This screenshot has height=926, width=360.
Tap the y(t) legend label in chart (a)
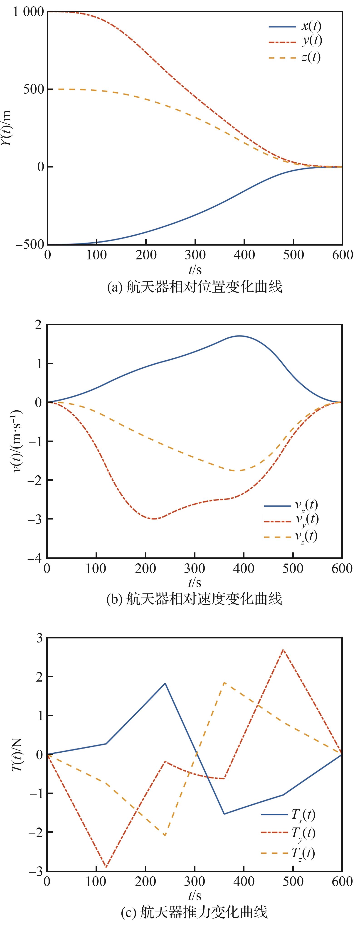tap(311, 41)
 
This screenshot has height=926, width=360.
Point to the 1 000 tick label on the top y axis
tap(28, 12)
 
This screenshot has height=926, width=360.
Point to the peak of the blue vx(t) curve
tap(239, 336)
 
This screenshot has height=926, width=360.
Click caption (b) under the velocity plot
tap(194, 599)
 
